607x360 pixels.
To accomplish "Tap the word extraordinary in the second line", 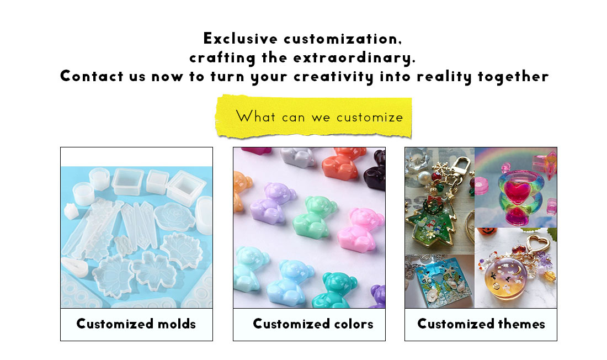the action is coord(354,58).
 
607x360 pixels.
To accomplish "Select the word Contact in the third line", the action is coord(92,76).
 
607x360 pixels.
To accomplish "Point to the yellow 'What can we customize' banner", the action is coord(313,117).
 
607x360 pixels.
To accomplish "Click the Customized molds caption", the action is coord(136,324).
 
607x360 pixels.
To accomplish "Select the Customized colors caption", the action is coord(313,324).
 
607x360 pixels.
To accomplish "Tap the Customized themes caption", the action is coord(481,324).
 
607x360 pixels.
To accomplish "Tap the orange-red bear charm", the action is coord(342,163).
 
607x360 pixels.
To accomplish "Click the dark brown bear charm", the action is coord(375,171).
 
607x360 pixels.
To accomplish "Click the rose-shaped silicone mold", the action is coord(174,216).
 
